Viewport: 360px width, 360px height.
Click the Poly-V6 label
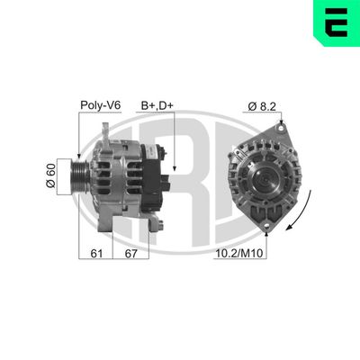(100, 105)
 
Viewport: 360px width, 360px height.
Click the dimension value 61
(96, 255)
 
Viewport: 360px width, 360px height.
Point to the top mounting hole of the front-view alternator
(281, 128)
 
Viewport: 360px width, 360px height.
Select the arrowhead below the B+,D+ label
(176, 170)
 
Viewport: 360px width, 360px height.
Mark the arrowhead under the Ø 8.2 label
(281, 123)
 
